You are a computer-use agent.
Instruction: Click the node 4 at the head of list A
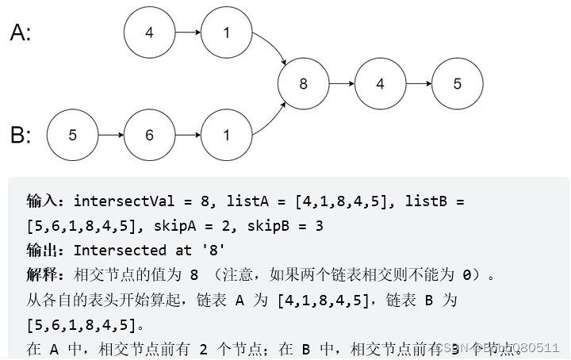click(149, 33)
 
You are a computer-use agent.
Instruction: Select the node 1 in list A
click(226, 33)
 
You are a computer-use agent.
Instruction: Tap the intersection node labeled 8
click(303, 82)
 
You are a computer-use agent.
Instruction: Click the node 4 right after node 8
click(380, 82)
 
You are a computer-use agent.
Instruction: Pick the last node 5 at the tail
click(457, 82)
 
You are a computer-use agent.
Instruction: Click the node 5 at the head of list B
click(72, 134)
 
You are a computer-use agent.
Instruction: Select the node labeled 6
click(149, 134)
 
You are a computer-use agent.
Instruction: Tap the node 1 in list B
click(226, 134)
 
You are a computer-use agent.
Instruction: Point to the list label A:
click(21, 33)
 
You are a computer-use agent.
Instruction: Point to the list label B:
click(21, 135)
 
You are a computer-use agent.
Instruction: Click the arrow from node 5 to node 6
click(110, 134)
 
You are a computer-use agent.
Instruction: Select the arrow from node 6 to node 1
click(187, 134)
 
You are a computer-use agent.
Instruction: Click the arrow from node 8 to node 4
click(341, 82)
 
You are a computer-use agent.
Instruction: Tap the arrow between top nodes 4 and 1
click(187, 33)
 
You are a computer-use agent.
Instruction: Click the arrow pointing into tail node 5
click(418, 82)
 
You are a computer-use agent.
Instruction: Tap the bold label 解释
click(44, 275)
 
